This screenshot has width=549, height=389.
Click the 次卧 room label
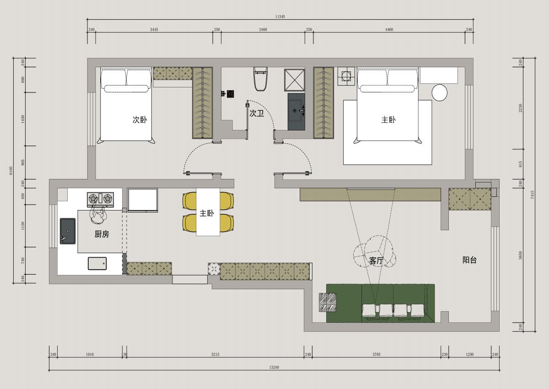140,119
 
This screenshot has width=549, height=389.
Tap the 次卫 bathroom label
257,113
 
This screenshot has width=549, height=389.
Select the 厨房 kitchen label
102,234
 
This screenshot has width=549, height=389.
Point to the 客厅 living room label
376,260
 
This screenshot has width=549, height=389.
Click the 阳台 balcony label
469,260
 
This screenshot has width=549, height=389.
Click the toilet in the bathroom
260,79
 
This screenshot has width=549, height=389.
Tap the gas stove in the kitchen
101,200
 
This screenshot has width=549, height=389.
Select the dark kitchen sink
68,231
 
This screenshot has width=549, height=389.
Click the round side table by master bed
440,92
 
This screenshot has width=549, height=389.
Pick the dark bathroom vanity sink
296,112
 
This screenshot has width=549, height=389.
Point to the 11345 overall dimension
280,16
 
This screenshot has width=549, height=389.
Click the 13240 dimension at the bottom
274,367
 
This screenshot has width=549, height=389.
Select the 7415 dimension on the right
532,195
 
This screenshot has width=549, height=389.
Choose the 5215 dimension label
215,354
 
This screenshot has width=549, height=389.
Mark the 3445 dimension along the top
154,29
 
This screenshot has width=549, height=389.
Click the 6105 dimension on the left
11,170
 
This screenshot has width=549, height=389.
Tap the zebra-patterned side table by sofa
328,302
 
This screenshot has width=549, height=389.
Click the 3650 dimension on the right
520,255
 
